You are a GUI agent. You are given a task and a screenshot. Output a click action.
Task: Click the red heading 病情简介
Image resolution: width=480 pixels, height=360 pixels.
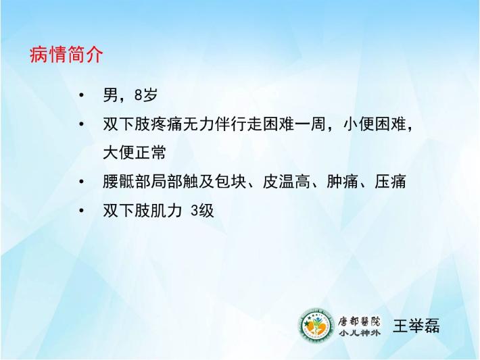[66, 55]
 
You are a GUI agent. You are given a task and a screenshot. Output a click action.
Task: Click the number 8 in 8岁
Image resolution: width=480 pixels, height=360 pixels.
[139, 95]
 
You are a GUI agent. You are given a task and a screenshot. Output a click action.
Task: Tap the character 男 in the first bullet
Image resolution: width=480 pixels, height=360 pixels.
[110, 95]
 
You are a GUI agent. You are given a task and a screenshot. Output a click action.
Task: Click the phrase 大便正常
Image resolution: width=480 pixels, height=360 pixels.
[135, 153]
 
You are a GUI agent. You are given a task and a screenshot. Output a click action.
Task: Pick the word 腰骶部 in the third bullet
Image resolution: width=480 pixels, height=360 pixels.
[126, 182]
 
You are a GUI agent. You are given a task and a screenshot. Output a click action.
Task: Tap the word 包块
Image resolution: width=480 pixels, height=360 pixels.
[231, 182]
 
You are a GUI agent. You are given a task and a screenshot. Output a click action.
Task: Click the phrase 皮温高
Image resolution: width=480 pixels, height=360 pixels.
[287, 182]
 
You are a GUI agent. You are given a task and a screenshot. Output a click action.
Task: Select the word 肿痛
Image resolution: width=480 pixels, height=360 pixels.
[343, 182]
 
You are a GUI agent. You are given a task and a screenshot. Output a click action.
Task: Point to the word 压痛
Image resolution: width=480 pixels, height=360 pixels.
[390, 182]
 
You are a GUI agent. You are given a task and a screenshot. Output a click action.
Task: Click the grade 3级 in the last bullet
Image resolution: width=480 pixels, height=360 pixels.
[202, 211]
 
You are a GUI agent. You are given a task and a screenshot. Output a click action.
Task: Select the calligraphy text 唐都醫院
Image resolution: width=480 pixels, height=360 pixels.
[359, 321]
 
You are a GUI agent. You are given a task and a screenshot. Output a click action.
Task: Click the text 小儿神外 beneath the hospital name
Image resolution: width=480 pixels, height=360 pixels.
[359, 333]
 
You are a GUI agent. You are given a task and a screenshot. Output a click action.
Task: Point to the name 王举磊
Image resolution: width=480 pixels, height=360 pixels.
[416, 326]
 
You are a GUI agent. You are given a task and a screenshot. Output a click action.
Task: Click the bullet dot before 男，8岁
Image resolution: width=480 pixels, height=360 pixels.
[81, 95]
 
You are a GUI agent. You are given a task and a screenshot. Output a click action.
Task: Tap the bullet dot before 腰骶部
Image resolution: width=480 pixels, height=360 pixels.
[81, 182]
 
